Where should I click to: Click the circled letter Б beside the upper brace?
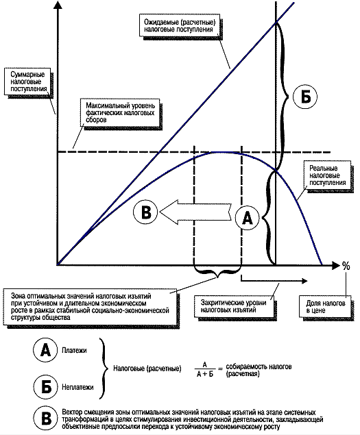[x=306, y=97]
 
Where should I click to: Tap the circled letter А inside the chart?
[x=248, y=218]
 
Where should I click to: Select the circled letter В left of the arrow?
[x=145, y=212]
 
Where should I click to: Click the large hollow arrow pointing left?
[x=195, y=213]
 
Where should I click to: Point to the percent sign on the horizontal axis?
[x=346, y=266]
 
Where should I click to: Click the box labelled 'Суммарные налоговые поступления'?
[x=28, y=82]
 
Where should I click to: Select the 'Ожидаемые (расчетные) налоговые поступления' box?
[x=180, y=26]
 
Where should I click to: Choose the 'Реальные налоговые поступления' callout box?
[x=327, y=175]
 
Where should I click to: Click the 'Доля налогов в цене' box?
[x=325, y=306]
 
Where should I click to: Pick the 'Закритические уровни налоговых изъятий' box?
[x=233, y=306]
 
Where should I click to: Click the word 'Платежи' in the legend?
[x=74, y=350]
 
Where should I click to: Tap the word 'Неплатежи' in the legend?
[x=77, y=387]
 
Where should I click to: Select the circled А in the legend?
[x=45, y=350]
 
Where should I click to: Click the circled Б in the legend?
[x=45, y=387]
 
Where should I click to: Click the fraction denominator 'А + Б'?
[x=205, y=374]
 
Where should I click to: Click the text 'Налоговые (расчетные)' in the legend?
[x=147, y=369]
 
